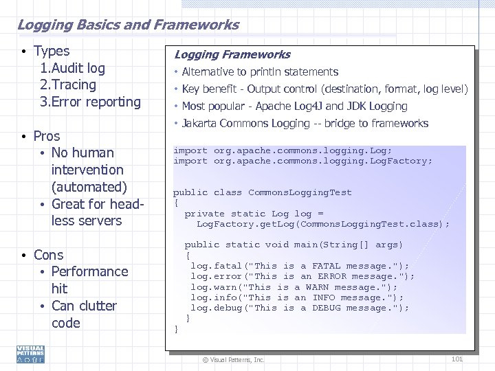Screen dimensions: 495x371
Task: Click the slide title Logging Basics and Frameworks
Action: [x=128, y=25]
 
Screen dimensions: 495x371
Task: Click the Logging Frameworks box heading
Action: [x=232, y=54]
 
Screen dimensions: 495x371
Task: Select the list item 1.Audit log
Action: [x=73, y=68]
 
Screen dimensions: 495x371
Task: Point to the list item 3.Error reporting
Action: [x=90, y=102]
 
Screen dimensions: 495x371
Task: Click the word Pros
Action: [x=47, y=136]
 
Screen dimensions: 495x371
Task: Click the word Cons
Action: [x=48, y=255]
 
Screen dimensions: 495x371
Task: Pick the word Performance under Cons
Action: [x=89, y=271]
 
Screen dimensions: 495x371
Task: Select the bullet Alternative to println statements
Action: [x=260, y=71]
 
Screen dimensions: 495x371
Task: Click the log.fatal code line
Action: [x=299, y=266]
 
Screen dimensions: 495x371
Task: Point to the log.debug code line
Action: [x=299, y=308]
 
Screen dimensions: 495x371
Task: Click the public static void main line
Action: [x=294, y=245]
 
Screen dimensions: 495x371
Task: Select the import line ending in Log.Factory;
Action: [x=302, y=161]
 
